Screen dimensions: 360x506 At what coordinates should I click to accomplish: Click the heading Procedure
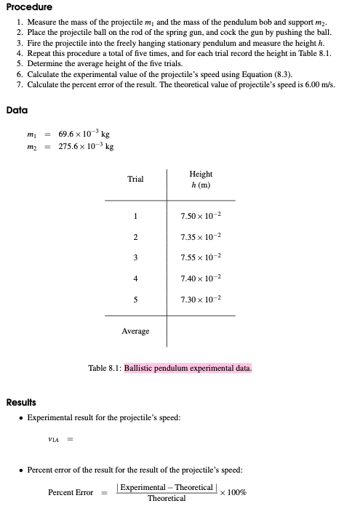tap(29, 7)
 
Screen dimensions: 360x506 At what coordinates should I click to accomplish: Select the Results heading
tap(23, 402)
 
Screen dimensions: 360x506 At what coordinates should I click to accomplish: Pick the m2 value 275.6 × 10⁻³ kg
tap(86, 146)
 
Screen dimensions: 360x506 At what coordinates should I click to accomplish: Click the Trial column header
tap(135, 179)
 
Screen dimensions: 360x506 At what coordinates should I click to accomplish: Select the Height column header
tap(201, 179)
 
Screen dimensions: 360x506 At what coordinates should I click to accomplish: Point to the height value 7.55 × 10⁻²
tap(200, 257)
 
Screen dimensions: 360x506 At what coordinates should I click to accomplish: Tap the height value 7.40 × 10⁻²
tap(200, 278)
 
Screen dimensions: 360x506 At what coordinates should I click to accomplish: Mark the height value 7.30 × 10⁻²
tap(200, 298)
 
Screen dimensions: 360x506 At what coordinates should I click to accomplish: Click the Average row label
tap(135, 331)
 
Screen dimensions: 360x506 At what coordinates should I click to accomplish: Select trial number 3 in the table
tap(135, 257)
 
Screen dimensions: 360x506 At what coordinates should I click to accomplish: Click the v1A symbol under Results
tap(53, 439)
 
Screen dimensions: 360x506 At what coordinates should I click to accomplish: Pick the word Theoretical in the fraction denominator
tap(167, 498)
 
